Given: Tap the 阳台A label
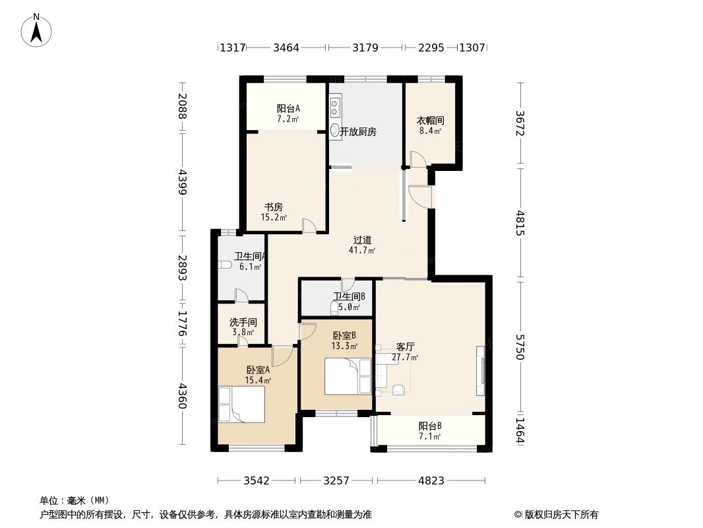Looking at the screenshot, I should [x=288, y=109].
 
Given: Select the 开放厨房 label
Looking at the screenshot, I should [x=358, y=132].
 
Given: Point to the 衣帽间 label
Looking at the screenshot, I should [x=430, y=121].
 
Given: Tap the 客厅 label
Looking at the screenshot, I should [x=405, y=347].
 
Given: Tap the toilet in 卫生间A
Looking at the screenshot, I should [x=226, y=265].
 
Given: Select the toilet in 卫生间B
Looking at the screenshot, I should [x=334, y=308].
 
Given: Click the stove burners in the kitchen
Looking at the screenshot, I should [x=336, y=103].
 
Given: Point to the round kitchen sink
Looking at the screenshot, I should [x=335, y=130].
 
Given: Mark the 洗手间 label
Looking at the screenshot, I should [x=243, y=323].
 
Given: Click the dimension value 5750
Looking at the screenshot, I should [x=520, y=346].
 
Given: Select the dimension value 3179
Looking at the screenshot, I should [x=365, y=48].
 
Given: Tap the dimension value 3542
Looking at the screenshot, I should [x=256, y=480].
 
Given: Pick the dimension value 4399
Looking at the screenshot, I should [x=183, y=182].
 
